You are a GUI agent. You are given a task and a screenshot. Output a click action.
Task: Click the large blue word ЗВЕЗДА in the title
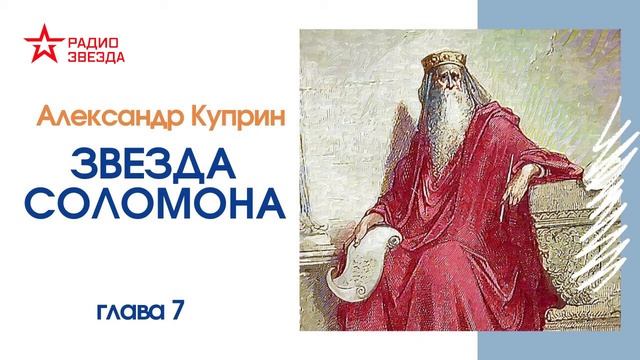pyautogui.click(x=152, y=163)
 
